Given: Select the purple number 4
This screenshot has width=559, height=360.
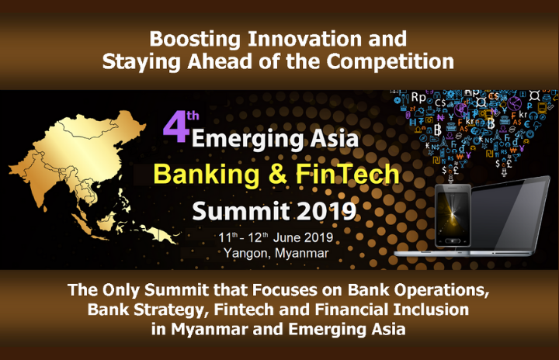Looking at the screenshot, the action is pos(175,127).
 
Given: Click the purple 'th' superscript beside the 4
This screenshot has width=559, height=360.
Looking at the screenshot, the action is pos(193,116).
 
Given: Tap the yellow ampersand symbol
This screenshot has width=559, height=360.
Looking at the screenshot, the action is pos(277,174).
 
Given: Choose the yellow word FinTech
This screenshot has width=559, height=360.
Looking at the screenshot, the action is pos(348,174).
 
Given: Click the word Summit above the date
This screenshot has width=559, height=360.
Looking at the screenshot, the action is pos(241,211).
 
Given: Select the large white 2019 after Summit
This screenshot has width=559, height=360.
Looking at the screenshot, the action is pos(327,212).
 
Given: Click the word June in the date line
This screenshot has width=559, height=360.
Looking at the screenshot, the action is pos(287,237).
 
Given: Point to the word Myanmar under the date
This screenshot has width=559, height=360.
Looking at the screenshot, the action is pos(301,254).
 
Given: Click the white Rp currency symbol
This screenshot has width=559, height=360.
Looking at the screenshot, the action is pos(418,97).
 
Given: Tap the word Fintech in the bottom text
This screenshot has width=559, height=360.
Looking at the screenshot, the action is pos(244,310).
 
